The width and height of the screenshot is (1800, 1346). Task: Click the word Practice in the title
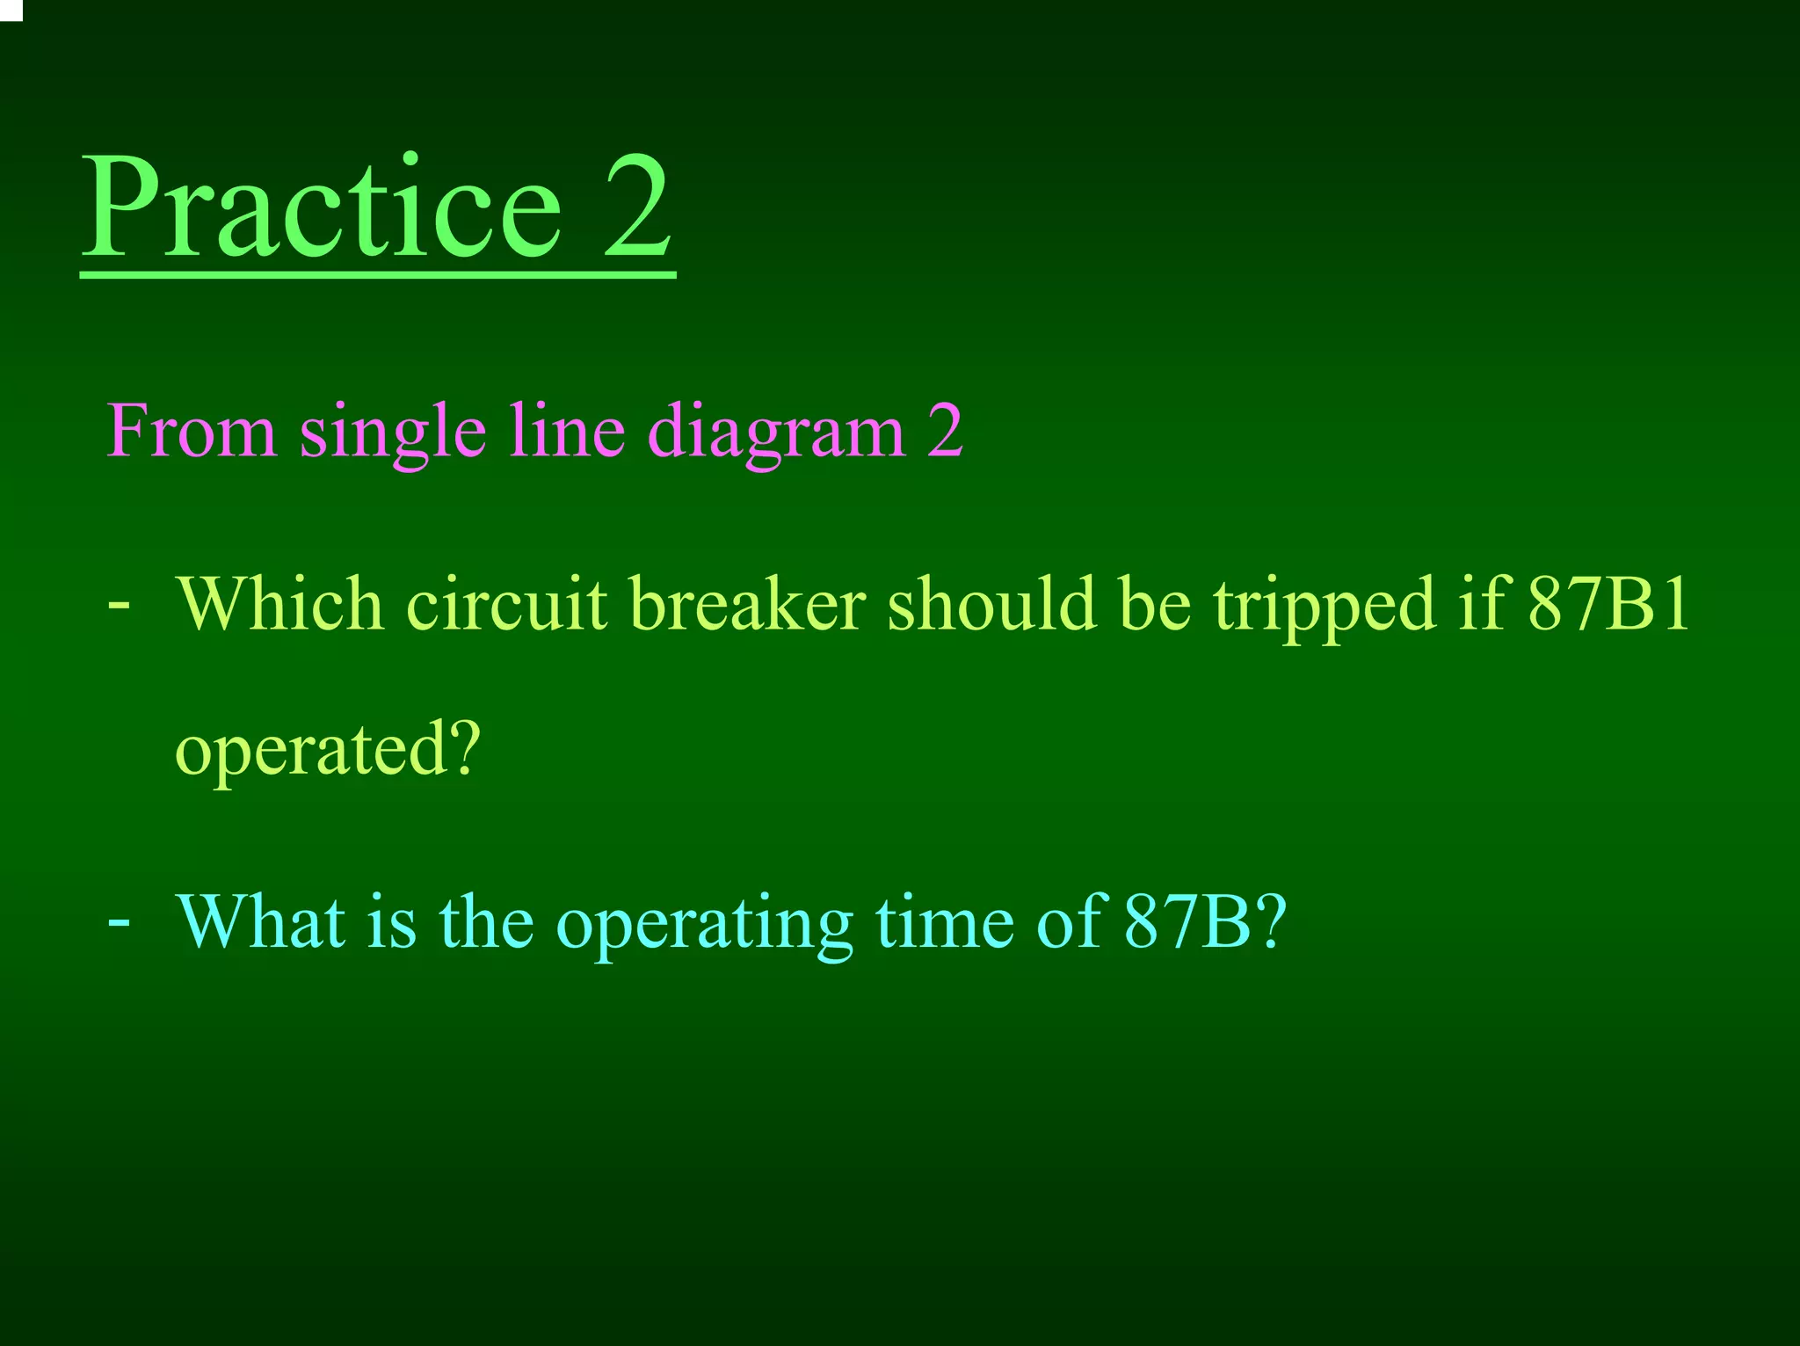pyautogui.click(x=322, y=209)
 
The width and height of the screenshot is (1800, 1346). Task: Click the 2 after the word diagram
pyautogui.click(x=945, y=432)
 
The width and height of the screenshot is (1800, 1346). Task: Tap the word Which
pyautogui.click(x=280, y=605)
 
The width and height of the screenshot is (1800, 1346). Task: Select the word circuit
pyautogui.click(x=507, y=605)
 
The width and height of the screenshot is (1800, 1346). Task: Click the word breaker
pyautogui.click(x=748, y=605)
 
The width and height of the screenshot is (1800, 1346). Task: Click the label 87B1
pyautogui.click(x=1608, y=605)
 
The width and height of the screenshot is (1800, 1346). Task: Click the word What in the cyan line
pyautogui.click(x=261, y=922)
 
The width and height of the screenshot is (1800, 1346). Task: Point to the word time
pyautogui.click(x=945, y=922)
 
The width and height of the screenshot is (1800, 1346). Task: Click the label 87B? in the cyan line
pyautogui.click(x=1205, y=922)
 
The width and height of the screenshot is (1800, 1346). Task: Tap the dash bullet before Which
pyautogui.click(x=119, y=606)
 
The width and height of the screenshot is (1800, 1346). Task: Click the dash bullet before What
pyautogui.click(x=119, y=922)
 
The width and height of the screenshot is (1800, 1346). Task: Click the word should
pyautogui.click(x=992, y=605)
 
